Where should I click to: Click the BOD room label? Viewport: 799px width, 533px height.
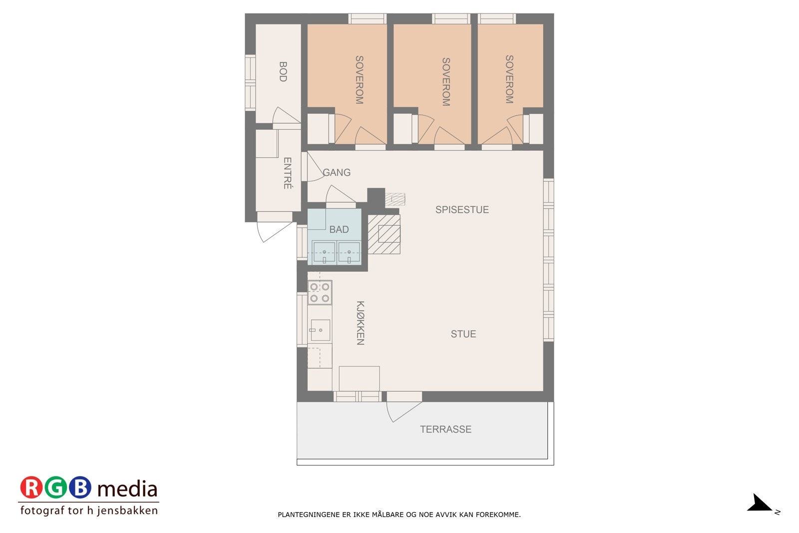point(283,71)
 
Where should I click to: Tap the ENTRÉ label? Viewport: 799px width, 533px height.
point(287,173)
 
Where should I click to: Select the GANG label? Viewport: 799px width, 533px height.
point(337,172)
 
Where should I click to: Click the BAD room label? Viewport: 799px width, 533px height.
point(339,229)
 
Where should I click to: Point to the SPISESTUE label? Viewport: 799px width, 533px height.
point(462,210)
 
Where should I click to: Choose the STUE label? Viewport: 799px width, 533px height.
point(463,334)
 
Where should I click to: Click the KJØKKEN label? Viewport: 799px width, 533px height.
point(360,323)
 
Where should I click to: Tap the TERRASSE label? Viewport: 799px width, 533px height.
point(445,429)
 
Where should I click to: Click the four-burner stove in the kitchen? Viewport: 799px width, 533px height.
point(320,293)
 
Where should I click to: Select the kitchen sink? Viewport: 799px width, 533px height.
point(320,330)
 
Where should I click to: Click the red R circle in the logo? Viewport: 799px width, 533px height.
point(31,488)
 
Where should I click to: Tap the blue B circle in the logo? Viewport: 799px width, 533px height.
point(80,488)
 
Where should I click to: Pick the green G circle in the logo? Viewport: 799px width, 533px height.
point(56,488)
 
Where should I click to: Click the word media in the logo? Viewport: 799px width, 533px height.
point(127,489)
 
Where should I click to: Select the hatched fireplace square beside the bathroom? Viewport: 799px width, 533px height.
point(385,234)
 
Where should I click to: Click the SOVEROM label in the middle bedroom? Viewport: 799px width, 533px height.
point(446,81)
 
